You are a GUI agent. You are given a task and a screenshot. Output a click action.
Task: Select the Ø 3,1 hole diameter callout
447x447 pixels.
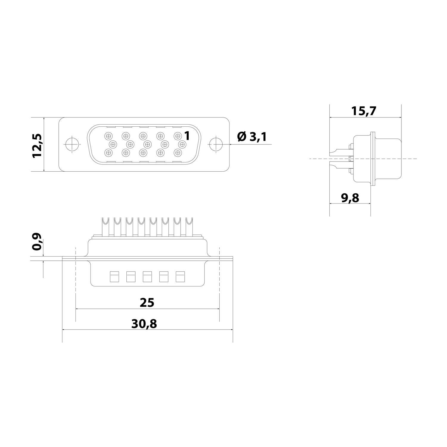[252, 137]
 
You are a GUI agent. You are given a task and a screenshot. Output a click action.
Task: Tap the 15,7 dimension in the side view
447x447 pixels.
[364, 111]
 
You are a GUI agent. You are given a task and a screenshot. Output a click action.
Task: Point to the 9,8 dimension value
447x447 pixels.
[350, 198]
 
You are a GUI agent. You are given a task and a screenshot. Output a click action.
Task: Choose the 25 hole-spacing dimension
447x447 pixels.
[147, 302]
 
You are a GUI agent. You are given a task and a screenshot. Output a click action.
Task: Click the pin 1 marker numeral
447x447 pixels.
[187, 136]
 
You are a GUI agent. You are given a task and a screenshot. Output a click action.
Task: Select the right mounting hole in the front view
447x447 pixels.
[216, 145]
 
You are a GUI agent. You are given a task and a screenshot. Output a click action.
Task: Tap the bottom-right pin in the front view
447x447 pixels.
[178, 153]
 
